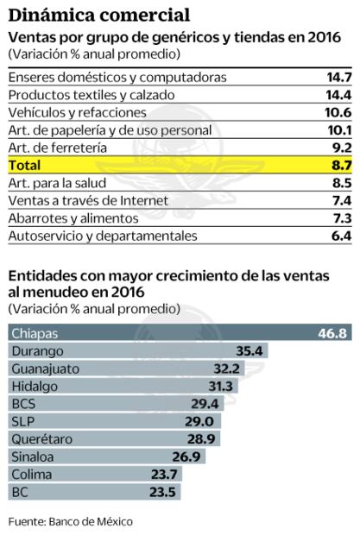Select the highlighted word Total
pyautogui.click(x=25, y=164)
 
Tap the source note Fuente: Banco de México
pyautogui.click(x=72, y=521)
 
